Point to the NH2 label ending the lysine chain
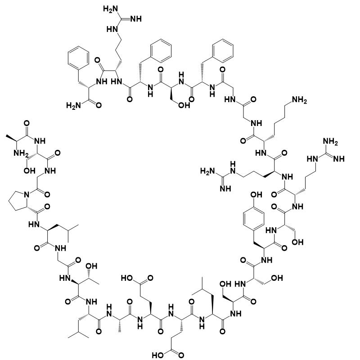300,101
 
